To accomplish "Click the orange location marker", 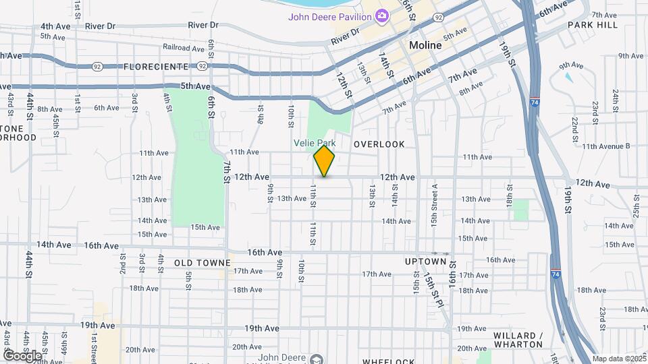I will tap(325, 161).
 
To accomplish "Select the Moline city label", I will tap(425, 45).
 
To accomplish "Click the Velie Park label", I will tap(314, 143).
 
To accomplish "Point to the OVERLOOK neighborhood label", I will tap(379, 144).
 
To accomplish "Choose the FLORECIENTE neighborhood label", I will tap(156, 67).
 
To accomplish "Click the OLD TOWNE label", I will tap(202, 262).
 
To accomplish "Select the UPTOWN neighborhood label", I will tap(426, 262).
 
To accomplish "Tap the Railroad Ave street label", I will tap(184, 48).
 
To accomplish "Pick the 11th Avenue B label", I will tap(605, 146).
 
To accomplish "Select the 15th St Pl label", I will tap(433, 288).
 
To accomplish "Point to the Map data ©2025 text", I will tap(619, 359).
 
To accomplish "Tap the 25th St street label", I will tap(637, 206).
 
